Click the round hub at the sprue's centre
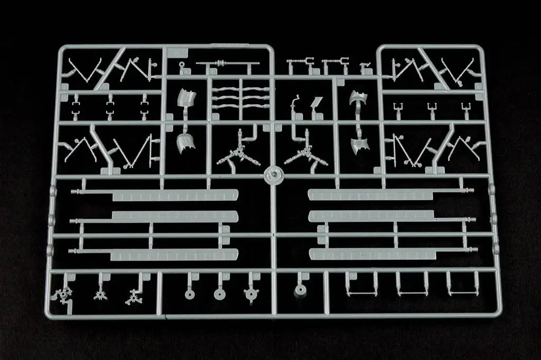274,174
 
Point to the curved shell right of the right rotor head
361,143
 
